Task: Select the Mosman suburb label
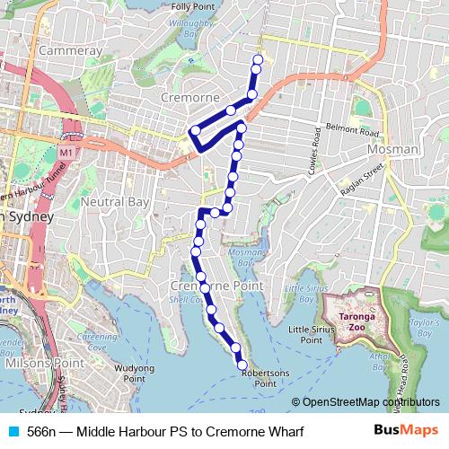[x=392, y=148]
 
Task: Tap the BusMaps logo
[x=405, y=431]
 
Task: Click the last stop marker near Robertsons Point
[x=242, y=364]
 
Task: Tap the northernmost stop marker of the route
[x=258, y=60]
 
